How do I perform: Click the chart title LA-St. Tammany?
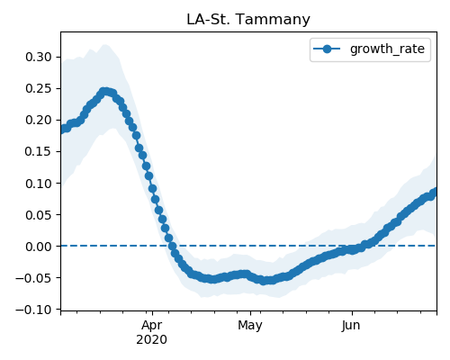248,20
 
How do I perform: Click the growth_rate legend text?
387,49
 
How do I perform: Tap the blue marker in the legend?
327,49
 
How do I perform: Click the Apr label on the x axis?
152,326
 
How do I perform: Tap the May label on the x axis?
250,326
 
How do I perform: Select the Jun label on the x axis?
351,325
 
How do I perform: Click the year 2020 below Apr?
151,340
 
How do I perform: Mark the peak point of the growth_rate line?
104,91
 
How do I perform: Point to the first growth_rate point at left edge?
62,130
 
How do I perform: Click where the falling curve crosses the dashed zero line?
172,246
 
